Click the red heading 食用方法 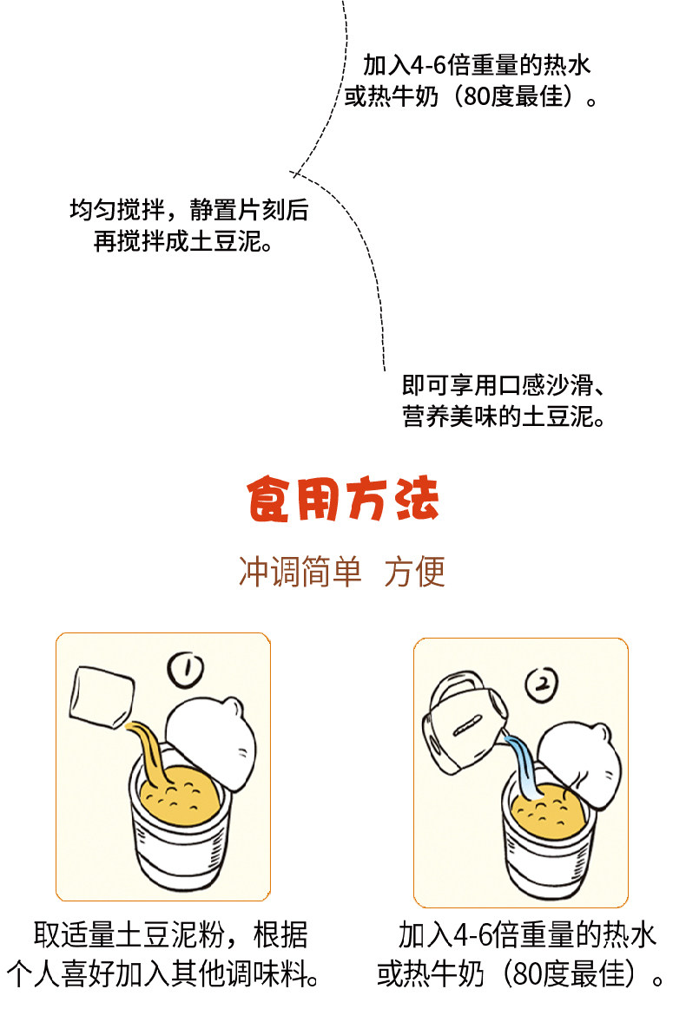tap(343, 499)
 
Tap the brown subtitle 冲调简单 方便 tap(342, 572)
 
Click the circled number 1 tap(186, 670)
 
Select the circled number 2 tap(542, 685)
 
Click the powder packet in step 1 tap(102, 696)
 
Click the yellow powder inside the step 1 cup tap(180, 797)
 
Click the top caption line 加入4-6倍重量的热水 tap(477, 65)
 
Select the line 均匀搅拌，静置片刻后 tap(189, 210)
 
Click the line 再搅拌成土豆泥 tap(183, 241)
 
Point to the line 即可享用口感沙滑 tap(503, 385)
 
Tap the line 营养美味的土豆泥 tap(503, 416)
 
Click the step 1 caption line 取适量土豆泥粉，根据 tap(170, 935)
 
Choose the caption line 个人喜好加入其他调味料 tap(163, 973)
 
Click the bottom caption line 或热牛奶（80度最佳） tap(520, 973)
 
